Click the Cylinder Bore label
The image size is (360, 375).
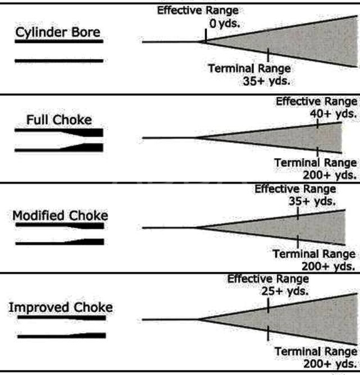click(x=57, y=32)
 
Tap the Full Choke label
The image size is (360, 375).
click(x=59, y=120)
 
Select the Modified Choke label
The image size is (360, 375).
click(x=60, y=216)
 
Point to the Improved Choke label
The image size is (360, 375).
click(x=61, y=307)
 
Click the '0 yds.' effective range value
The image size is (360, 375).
click(x=224, y=24)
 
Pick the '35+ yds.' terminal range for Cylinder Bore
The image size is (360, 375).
click(x=266, y=81)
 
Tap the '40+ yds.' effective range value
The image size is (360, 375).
click(x=333, y=114)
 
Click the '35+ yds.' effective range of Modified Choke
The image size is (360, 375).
click(x=312, y=201)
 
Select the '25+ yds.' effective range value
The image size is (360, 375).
click(x=284, y=291)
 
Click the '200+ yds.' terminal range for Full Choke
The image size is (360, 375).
click(x=329, y=175)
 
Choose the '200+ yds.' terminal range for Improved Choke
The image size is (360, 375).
click(x=331, y=364)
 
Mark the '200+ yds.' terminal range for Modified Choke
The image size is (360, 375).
click(x=328, y=266)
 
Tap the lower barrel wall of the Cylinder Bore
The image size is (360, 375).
click(x=59, y=61)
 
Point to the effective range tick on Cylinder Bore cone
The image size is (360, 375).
click(x=206, y=36)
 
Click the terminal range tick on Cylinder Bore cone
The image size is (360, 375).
click(x=268, y=55)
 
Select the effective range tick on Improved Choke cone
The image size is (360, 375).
click(x=268, y=305)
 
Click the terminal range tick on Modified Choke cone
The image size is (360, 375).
click(x=297, y=241)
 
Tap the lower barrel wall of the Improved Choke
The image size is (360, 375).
click(x=62, y=336)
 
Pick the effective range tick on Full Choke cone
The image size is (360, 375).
click(x=317, y=124)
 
